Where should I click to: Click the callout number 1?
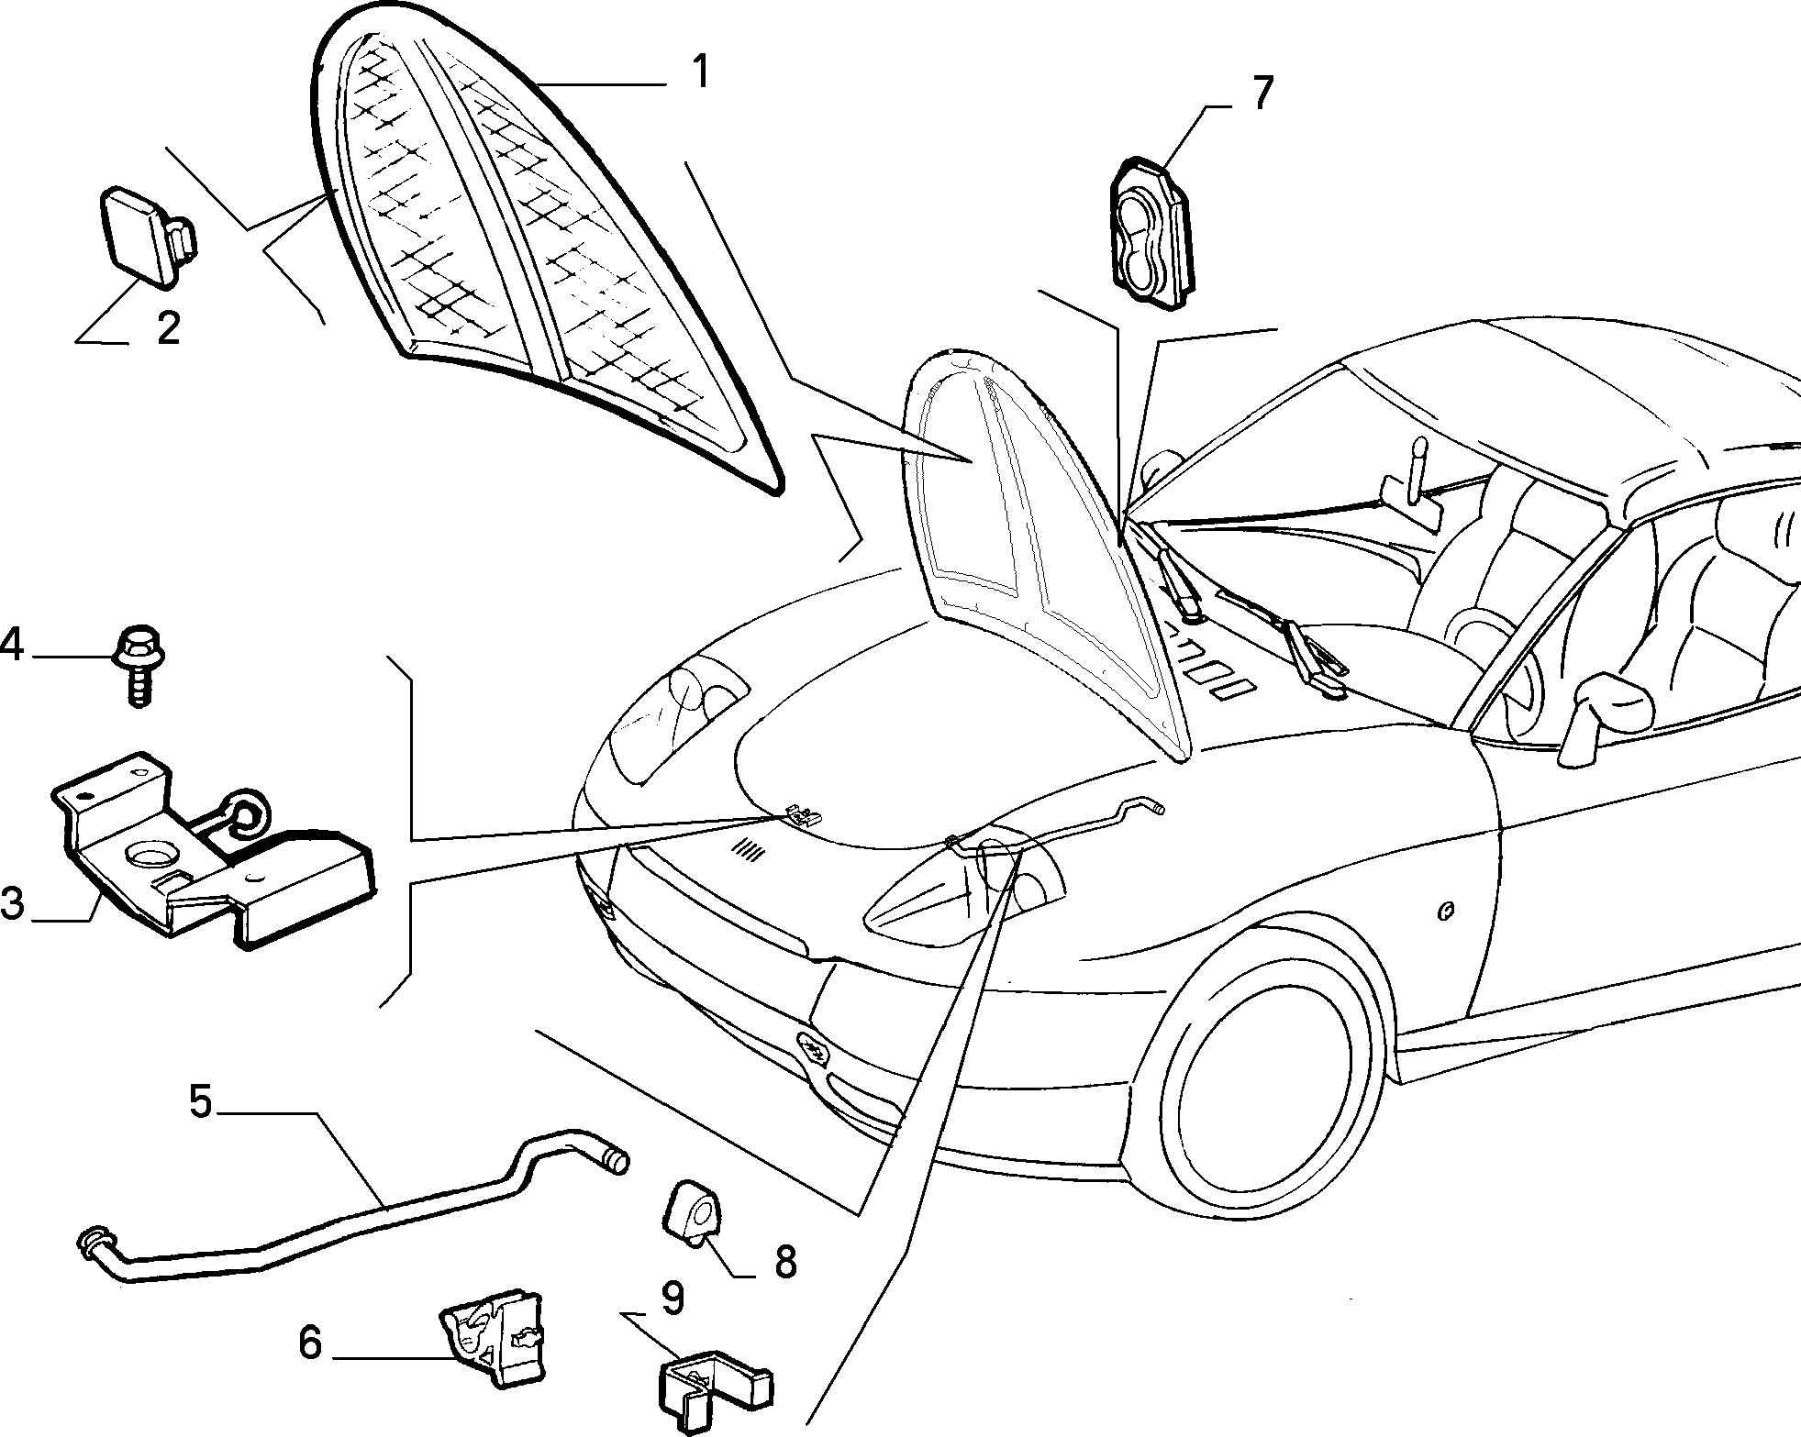coord(700,72)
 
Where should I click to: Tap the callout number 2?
coord(167,327)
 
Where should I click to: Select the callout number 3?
coord(12,902)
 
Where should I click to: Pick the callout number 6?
coord(310,1344)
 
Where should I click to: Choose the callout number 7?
coord(1262,94)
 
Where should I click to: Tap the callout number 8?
coord(784,1264)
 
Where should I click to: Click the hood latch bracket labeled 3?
coord(211,848)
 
